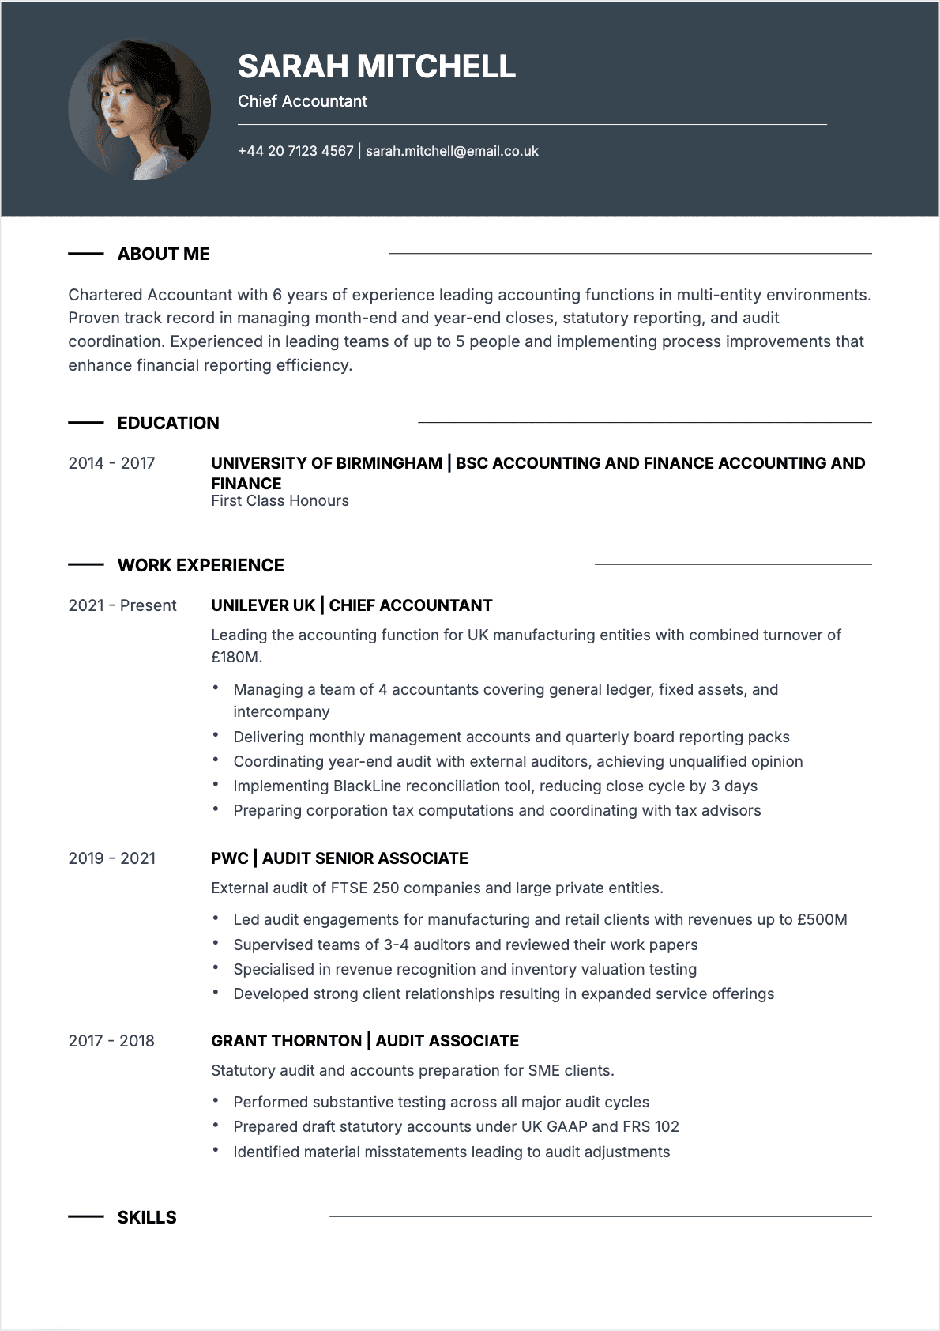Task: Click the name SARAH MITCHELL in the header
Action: (376, 66)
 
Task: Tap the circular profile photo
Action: (139, 110)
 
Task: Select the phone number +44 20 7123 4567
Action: (295, 151)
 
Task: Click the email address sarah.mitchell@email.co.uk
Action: (452, 151)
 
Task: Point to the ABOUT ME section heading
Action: (164, 254)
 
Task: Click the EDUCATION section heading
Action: (168, 423)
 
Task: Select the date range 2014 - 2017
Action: (111, 463)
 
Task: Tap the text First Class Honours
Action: (280, 501)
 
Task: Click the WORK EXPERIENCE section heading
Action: (201, 565)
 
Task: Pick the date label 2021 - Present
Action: (122, 605)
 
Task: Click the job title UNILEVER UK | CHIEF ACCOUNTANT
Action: (352, 605)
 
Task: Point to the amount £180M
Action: (235, 657)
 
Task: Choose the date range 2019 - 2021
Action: (111, 858)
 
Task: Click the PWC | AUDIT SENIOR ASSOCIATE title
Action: (340, 858)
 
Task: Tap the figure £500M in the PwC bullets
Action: (822, 919)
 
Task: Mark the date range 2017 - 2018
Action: (111, 1041)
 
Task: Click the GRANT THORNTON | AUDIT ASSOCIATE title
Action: (365, 1041)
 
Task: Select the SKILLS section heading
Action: (147, 1217)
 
